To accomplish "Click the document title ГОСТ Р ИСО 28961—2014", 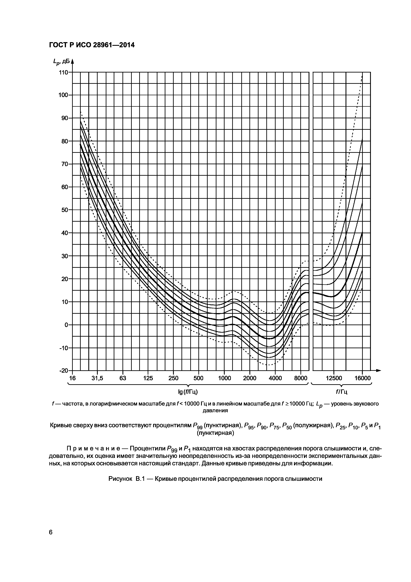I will click(x=92, y=45).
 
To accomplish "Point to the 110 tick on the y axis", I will click(x=64, y=73).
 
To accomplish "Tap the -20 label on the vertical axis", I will click(x=64, y=371).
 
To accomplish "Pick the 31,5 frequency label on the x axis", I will click(x=97, y=378).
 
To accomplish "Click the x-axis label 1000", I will click(x=225, y=378).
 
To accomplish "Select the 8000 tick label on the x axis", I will click(x=301, y=378).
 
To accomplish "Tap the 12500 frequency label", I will click(x=334, y=378).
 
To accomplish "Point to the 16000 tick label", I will click(x=362, y=378).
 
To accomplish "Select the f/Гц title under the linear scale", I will click(x=341, y=392).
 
